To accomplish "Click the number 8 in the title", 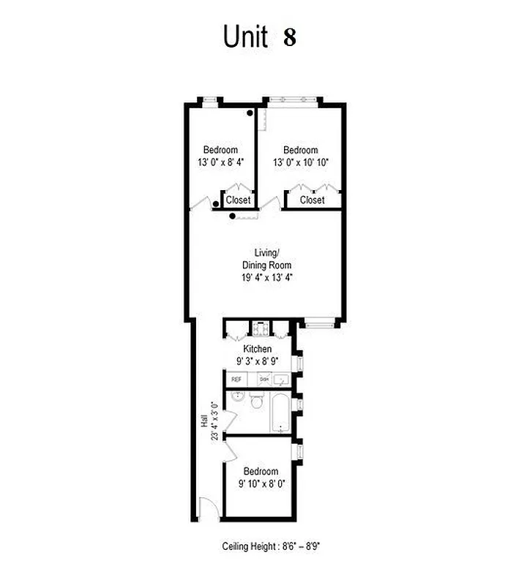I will coord(290,37).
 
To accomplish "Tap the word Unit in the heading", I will coord(245,37).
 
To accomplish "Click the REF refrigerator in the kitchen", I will coord(236,380).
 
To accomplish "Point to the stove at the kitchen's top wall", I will coord(258,328).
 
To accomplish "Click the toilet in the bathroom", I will coord(256,402).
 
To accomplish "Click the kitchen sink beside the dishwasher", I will coord(283,379).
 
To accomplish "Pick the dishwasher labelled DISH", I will coord(263,380).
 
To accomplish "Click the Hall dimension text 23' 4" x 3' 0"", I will coord(214,420).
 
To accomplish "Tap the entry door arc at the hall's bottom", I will coord(206,509).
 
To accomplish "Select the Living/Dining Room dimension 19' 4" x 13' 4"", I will coord(267,277).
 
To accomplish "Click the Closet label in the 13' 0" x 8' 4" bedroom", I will coord(238,200).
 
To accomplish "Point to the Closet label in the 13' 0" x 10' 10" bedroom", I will coord(313,200).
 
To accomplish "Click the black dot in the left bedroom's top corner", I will coord(250,113).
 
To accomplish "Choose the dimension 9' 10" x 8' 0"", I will coord(261,483).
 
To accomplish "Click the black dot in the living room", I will coord(233,216).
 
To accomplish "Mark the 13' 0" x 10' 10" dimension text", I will coord(301,162).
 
